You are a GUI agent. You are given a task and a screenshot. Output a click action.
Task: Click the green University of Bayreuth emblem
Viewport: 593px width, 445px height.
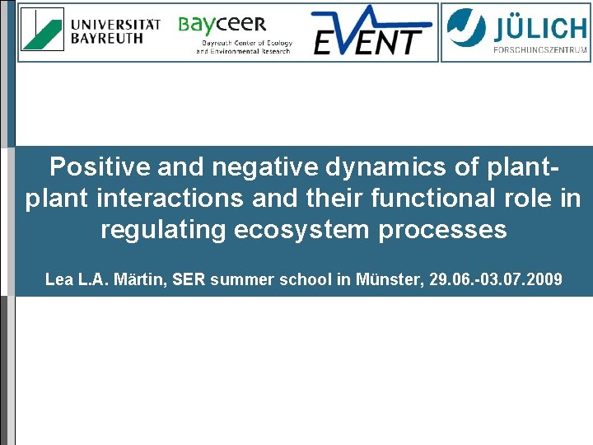pyautogui.click(x=42, y=30)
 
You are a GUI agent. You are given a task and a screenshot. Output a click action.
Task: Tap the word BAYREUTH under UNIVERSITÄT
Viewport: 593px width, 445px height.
pyautogui.click(x=106, y=38)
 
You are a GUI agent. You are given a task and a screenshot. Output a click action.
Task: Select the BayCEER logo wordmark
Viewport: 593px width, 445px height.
pyautogui.click(x=222, y=25)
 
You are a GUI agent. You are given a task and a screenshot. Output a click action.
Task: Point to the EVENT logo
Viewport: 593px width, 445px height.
pyautogui.click(x=372, y=31)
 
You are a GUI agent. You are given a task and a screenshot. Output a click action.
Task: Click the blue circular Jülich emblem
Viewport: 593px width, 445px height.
pyautogui.click(x=467, y=28)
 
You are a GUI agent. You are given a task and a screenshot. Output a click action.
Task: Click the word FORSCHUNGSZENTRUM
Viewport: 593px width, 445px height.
pyautogui.click(x=539, y=49)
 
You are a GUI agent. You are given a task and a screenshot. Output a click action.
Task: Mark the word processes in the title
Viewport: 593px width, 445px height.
pyautogui.click(x=443, y=229)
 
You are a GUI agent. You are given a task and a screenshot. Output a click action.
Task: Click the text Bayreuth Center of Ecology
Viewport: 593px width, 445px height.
pyautogui.click(x=244, y=43)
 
